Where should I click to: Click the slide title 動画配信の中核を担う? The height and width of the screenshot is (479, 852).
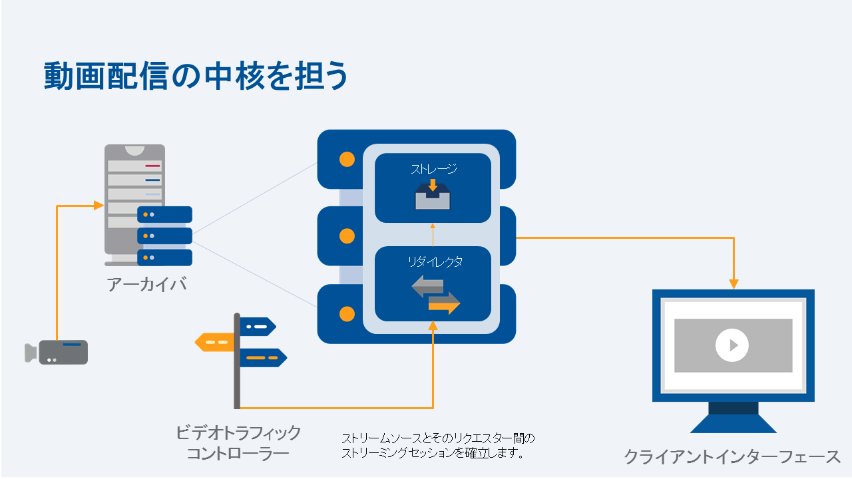[x=196, y=77]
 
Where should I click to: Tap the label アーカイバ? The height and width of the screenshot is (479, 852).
[x=146, y=285]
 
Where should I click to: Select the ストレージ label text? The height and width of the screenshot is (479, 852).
[x=433, y=169]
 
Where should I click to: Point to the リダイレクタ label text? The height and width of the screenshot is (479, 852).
[x=435, y=262]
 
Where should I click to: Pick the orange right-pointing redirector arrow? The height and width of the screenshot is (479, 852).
[x=444, y=303]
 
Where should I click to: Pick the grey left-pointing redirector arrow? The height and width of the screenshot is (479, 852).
[x=428, y=287]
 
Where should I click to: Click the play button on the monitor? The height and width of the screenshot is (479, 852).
[x=732, y=345]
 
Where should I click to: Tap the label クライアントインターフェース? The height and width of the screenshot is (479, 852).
[x=733, y=457]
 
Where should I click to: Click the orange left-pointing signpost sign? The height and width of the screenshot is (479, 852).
[x=214, y=342]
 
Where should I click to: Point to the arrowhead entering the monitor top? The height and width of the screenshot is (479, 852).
[x=734, y=284]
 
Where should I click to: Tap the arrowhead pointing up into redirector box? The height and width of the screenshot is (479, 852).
[x=433, y=325]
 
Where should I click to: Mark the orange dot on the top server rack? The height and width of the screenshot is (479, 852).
[x=347, y=159]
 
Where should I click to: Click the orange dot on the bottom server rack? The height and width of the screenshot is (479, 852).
[x=347, y=313]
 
